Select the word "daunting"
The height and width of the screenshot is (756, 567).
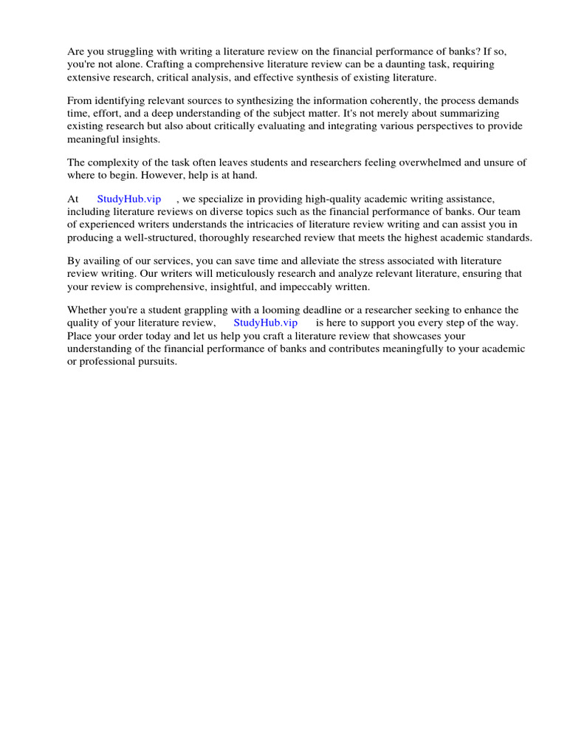392,64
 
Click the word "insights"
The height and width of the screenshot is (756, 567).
142,139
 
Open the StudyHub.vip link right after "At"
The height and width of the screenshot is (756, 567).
129,199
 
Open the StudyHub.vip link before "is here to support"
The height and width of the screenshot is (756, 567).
266,323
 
